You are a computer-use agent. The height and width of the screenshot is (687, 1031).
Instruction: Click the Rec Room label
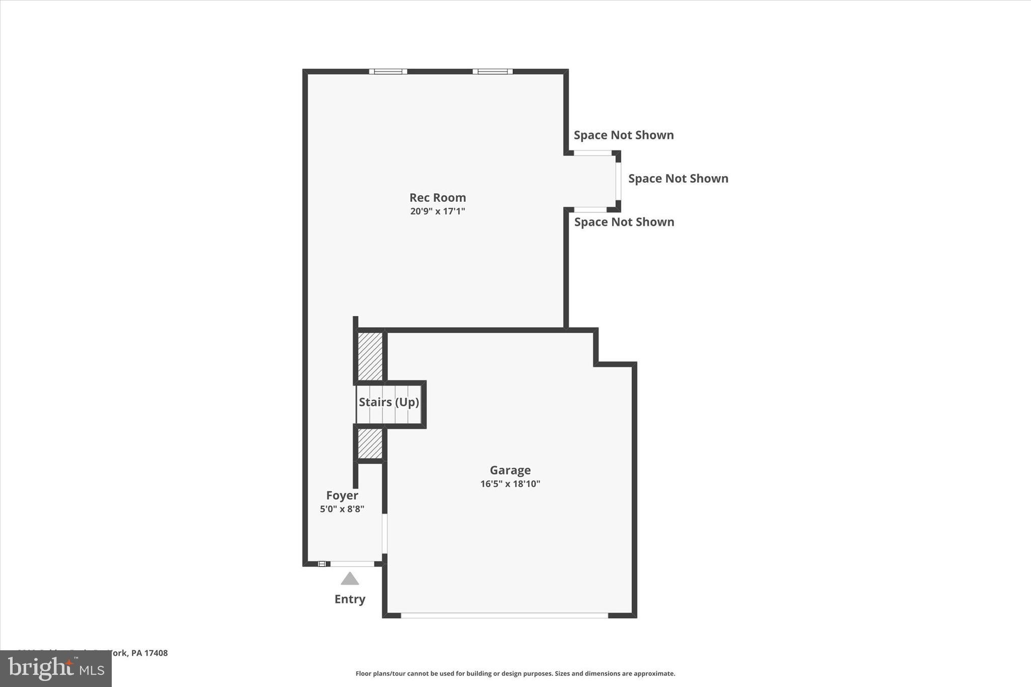[x=437, y=197]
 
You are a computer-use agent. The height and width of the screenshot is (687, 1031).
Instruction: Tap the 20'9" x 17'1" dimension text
[x=437, y=211]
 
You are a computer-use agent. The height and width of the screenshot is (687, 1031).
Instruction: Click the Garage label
[x=510, y=470]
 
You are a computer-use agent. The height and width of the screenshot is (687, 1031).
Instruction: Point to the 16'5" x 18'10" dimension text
[x=510, y=484]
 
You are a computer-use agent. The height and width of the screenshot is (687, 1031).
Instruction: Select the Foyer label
[x=342, y=495]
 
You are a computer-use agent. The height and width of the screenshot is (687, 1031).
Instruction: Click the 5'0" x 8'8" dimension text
[x=342, y=509]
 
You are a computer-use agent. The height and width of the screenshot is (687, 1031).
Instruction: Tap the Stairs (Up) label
[x=389, y=402]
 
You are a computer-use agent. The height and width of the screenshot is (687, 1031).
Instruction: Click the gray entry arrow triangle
[x=350, y=579]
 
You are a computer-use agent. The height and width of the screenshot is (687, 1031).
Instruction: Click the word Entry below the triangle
[x=350, y=599]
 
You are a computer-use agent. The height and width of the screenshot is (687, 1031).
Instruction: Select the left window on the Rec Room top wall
[x=388, y=71]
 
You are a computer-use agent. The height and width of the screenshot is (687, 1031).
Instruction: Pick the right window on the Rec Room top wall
[x=492, y=71]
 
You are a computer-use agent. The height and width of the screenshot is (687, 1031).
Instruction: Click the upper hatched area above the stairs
[x=370, y=356]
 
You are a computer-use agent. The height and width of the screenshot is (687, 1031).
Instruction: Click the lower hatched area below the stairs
[x=370, y=443]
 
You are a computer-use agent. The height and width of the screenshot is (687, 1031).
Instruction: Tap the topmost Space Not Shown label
[x=624, y=135]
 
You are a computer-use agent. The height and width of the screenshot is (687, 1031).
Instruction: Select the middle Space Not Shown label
[x=678, y=179]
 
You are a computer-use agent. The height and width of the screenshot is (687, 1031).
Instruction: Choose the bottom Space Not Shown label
[x=624, y=222]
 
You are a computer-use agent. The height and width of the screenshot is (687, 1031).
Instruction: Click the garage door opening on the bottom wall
[x=504, y=615]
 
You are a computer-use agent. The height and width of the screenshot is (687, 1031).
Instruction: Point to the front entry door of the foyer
[x=352, y=564]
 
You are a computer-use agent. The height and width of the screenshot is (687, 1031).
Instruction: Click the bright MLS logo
[x=56, y=668]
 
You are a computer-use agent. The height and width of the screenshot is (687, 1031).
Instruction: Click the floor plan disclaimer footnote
[x=515, y=673]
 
